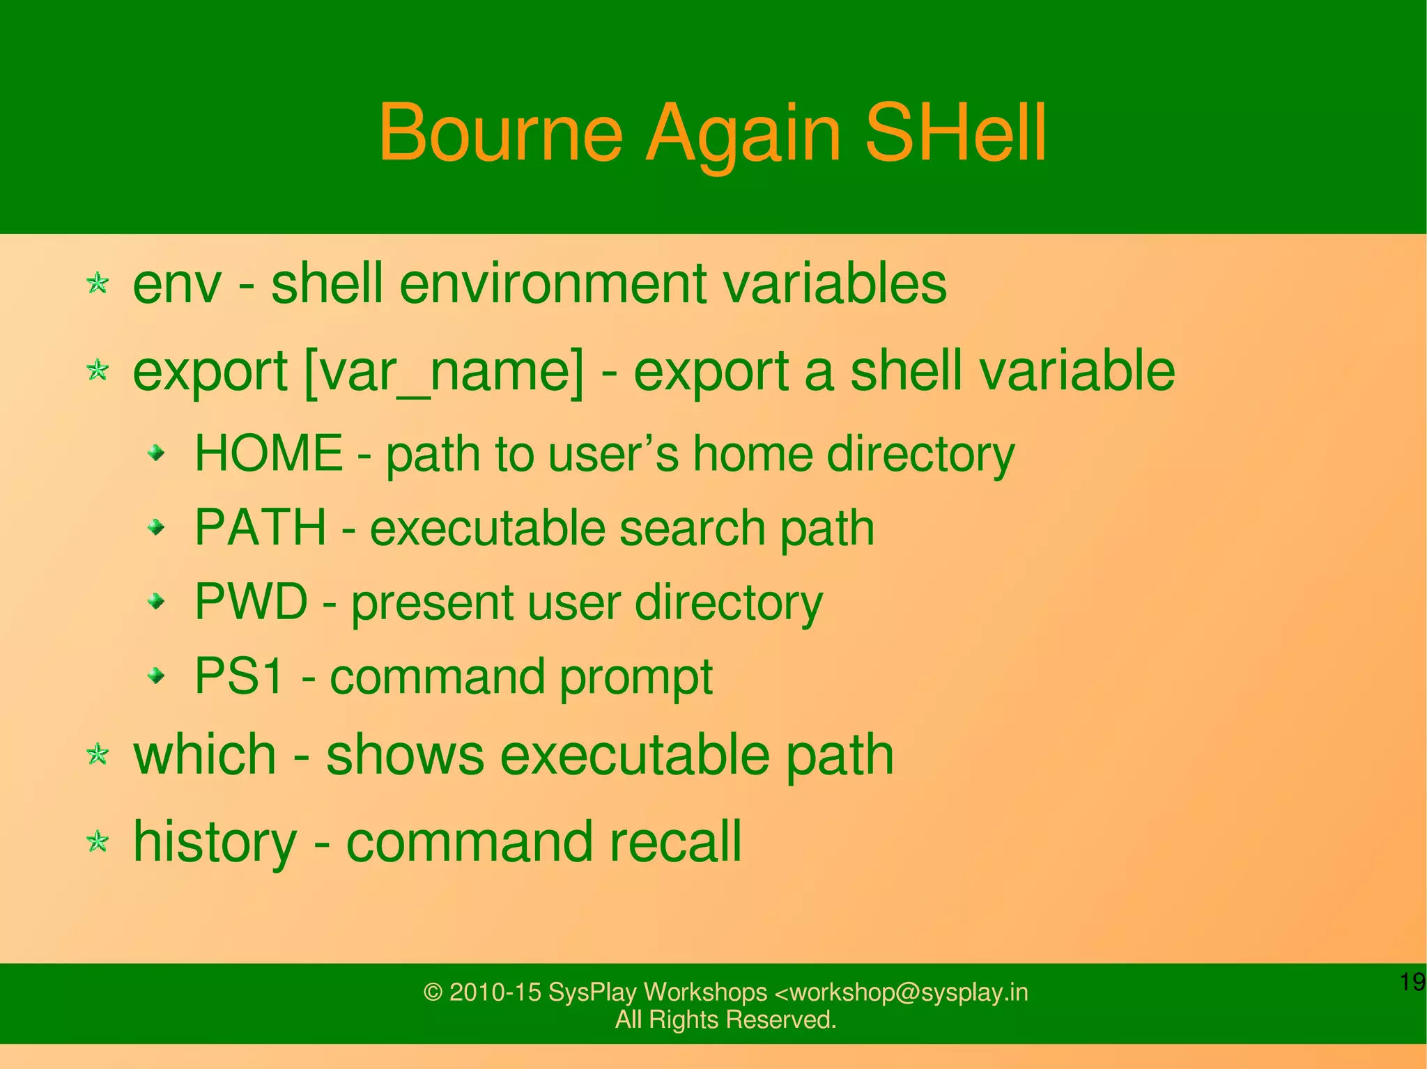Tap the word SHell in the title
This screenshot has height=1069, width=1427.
click(x=955, y=132)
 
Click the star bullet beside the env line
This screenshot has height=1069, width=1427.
click(x=98, y=283)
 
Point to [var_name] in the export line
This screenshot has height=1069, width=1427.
click(x=445, y=373)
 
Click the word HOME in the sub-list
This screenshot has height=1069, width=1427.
click(x=268, y=453)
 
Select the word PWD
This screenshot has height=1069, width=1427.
click(x=251, y=602)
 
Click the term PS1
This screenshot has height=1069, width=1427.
click(x=239, y=676)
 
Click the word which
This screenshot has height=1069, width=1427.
click(x=205, y=755)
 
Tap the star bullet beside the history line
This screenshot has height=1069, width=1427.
click(x=98, y=842)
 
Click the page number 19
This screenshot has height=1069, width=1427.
click(x=1412, y=982)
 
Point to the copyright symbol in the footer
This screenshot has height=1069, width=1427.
click(x=433, y=992)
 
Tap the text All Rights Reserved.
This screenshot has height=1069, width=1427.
click(x=725, y=1020)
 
